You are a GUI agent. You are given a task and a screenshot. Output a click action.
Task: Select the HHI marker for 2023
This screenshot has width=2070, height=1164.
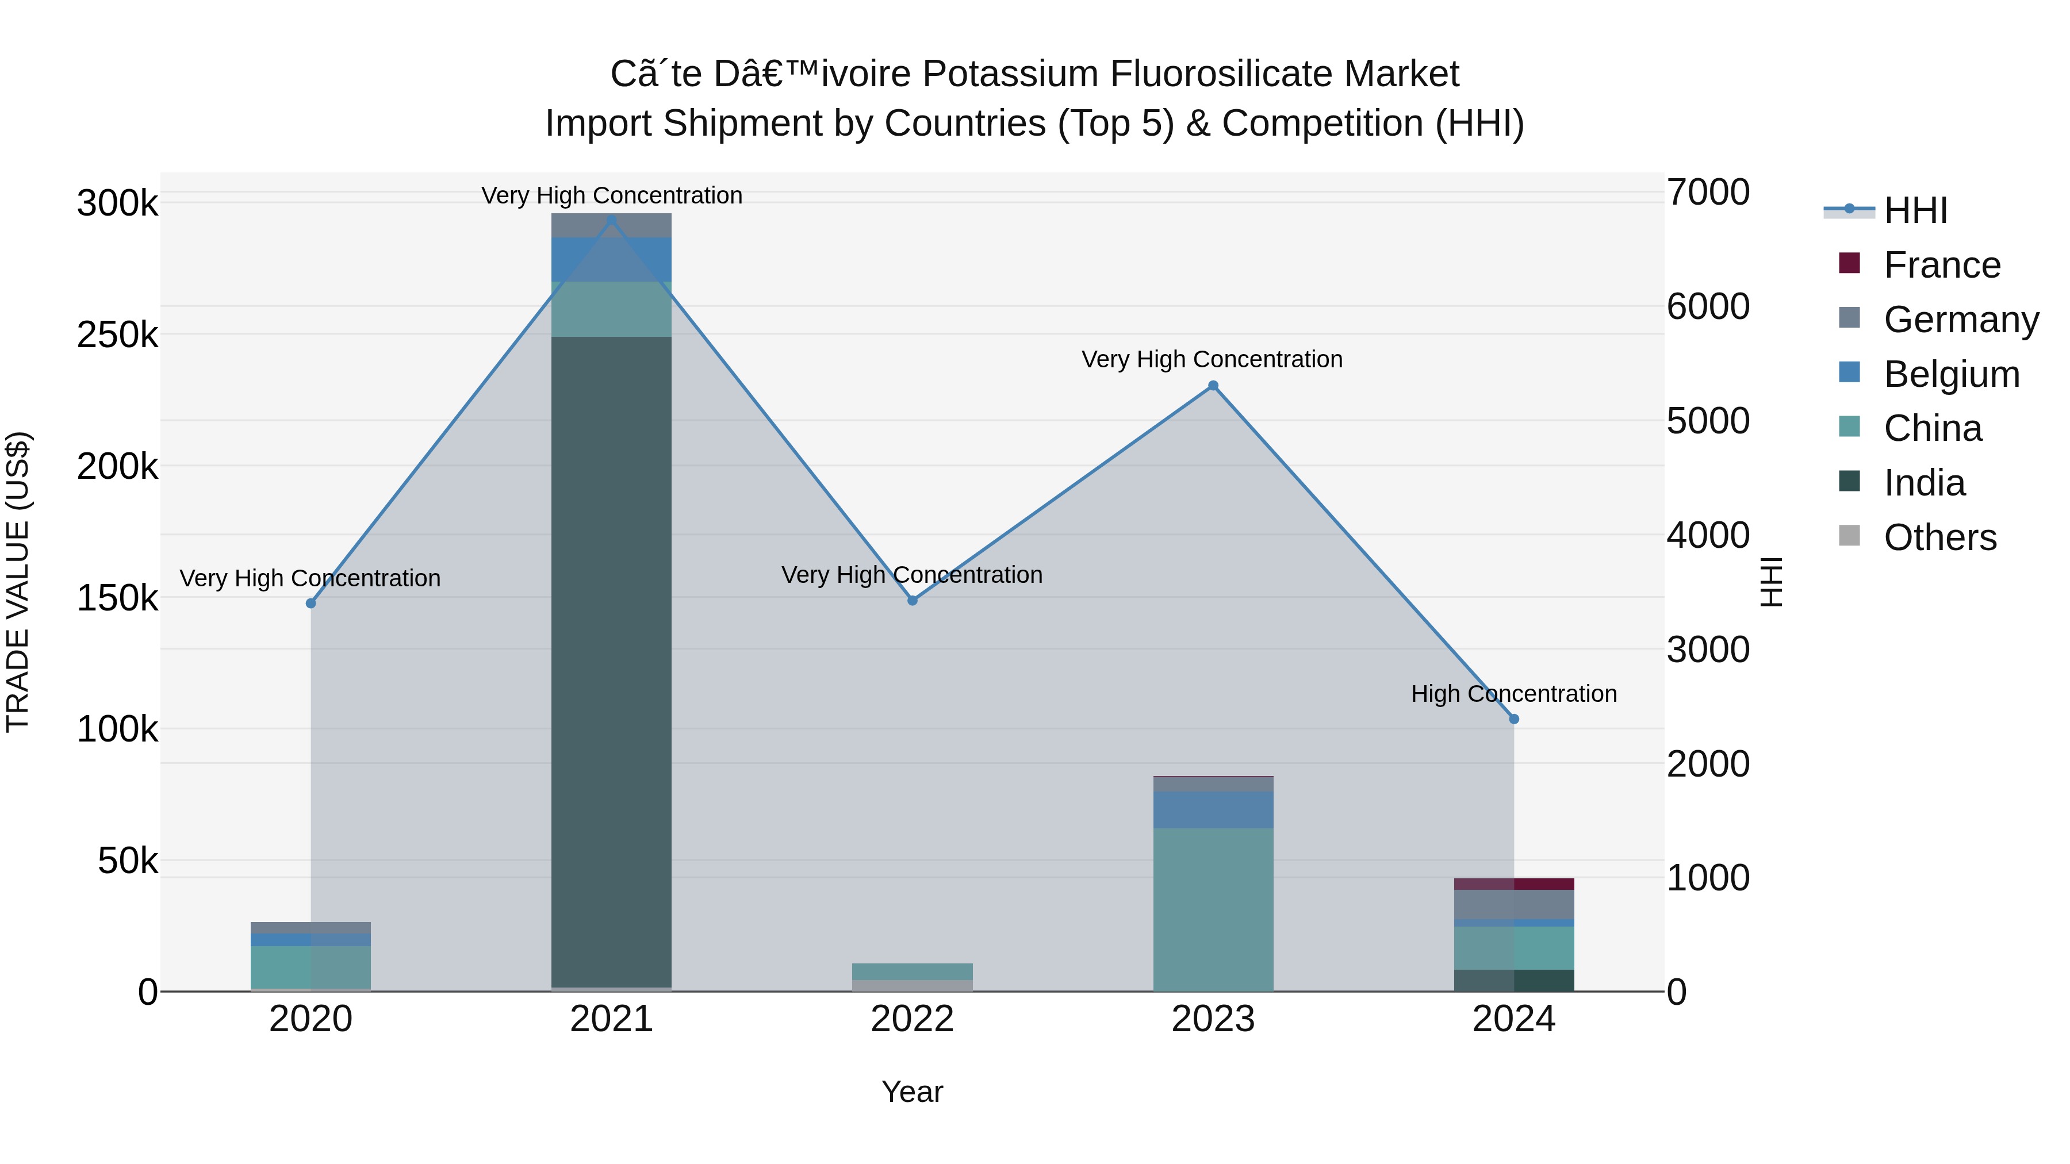pos(1213,386)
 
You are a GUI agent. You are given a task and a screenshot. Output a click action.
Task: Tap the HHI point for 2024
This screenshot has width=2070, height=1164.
pos(1514,719)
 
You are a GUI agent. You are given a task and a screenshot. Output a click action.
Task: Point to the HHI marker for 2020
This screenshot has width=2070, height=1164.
pos(311,604)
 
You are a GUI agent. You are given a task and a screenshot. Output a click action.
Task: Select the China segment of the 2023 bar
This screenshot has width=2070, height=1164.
pos(1213,908)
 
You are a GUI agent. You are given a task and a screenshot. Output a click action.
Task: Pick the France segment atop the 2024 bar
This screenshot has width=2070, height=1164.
pos(1514,883)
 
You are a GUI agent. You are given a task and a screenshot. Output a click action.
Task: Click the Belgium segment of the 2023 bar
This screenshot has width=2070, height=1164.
pos(1213,810)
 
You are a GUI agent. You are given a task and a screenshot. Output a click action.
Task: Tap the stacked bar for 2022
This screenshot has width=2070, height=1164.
pos(912,976)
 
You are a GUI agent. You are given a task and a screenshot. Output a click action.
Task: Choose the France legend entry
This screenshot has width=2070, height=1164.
pos(1941,265)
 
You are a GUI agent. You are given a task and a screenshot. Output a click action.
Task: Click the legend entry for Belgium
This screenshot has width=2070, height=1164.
pos(1951,374)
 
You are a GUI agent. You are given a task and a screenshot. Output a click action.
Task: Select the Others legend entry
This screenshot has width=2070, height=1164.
pos(1940,537)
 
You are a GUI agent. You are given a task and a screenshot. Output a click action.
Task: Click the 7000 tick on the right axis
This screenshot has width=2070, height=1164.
pos(1708,192)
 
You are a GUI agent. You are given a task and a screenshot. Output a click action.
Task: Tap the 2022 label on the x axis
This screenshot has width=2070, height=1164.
pos(912,1019)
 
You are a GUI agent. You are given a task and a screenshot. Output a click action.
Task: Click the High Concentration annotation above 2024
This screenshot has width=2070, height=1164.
pos(1514,693)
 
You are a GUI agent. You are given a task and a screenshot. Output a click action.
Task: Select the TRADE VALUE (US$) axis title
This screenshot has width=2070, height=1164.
pos(18,582)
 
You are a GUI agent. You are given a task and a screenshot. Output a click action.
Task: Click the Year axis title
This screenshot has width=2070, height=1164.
pos(912,1092)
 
